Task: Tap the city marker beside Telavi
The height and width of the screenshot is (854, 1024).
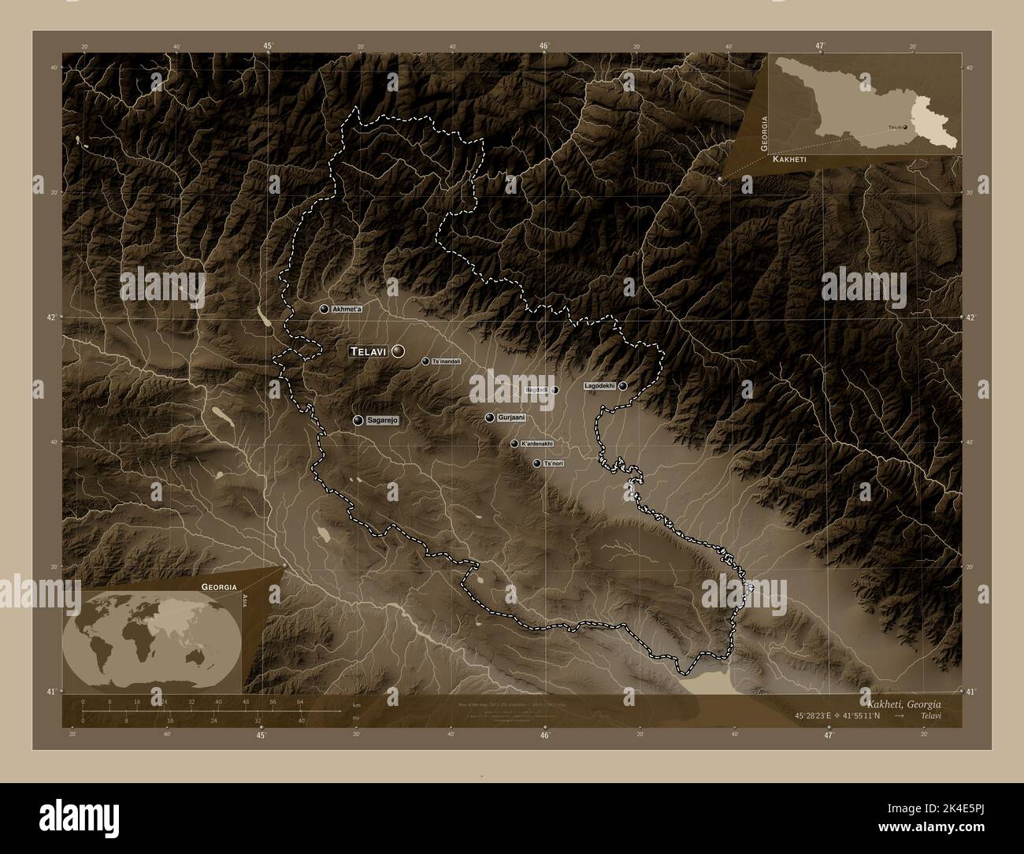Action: point(398,351)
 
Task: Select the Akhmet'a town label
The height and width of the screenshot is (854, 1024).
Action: point(347,309)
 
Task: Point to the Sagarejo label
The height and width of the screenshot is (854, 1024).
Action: point(382,421)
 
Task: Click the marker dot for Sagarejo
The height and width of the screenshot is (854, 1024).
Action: point(358,421)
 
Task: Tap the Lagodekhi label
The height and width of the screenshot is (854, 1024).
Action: point(599,386)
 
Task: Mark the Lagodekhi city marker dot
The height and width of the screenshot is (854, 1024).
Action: point(623,386)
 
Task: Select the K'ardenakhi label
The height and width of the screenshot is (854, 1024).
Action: point(537,444)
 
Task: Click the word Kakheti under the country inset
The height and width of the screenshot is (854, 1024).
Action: point(789,159)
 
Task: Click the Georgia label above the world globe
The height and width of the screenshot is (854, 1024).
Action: point(219,587)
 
